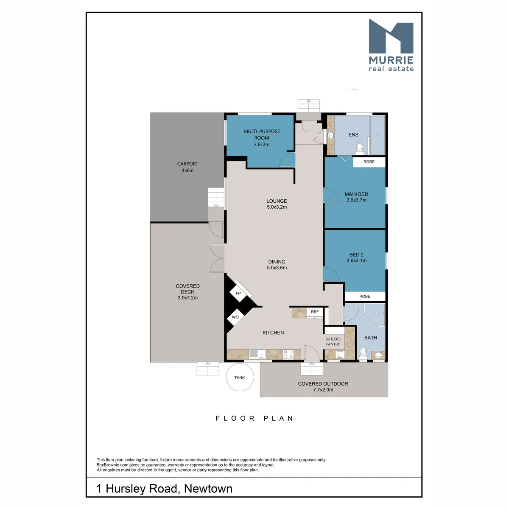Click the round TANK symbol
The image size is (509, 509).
pyautogui.click(x=240, y=377)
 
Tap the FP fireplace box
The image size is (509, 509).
pyautogui.click(x=238, y=293)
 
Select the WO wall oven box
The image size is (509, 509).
pyautogui.click(x=235, y=317)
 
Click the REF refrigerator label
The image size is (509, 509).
pyautogui.click(x=315, y=312)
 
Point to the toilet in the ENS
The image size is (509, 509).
pyautogui.click(x=359, y=148)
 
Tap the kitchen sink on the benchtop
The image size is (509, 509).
pyautogui.click(x=257, y=354)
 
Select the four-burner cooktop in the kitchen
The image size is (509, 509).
pyautogui.click(x=288, y=354)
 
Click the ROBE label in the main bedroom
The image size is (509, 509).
pyautogui.click(x=369, y=162)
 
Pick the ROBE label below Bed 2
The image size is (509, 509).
pyautogui.click(x=364, y=296)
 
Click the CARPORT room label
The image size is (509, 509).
pyautogui.click(x=187, y=164)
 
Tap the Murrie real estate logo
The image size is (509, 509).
pyautogui.click(x=391, y=45)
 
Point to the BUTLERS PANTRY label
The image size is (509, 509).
pyautogui.click(x=333, y=341)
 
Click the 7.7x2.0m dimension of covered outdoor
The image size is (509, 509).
pyautogui.click(x=323, y=389)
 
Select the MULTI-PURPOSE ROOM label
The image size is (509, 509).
pyautogui.click(x=262, y=134)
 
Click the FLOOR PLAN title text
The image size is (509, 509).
pyautogui.click(x=255, y=418)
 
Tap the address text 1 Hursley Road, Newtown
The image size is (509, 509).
pyautogui.click(x=164, y=488)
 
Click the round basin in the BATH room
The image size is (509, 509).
pyautogui.click(x=378, y=355)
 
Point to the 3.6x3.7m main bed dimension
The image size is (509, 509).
pyautogui.click(x=356, y=200)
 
